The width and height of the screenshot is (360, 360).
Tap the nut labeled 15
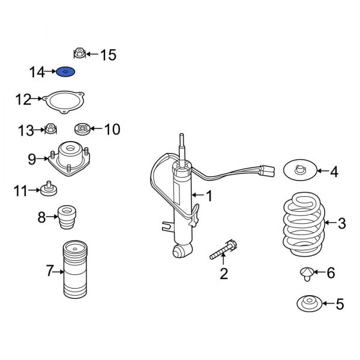click(x=79, y=54)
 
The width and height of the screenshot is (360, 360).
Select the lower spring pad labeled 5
click(x=309, y=304)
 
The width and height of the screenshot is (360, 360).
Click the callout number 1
click(x=209, y=196)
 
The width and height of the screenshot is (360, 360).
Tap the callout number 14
click(x=37, y=73)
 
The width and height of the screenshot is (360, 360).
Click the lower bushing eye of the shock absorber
click(x=180, y=250)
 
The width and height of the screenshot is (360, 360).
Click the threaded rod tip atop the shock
click(x=180, y=142)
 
